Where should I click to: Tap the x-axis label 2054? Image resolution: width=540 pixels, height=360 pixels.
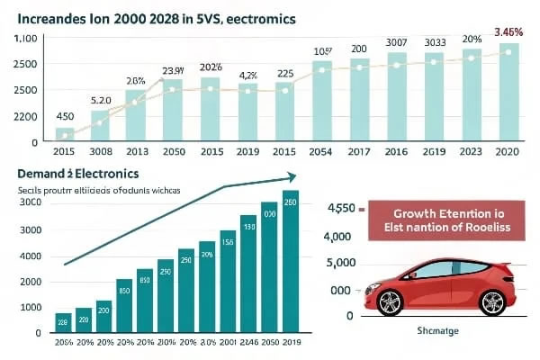point(322,152)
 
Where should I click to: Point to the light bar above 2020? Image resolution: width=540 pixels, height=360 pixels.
point(509,91)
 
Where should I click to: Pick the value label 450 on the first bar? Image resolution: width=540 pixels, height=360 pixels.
point(65,117)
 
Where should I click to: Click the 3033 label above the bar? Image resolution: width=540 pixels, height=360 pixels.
point(434,41)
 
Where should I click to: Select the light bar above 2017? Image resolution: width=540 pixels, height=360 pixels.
point(359,99)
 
